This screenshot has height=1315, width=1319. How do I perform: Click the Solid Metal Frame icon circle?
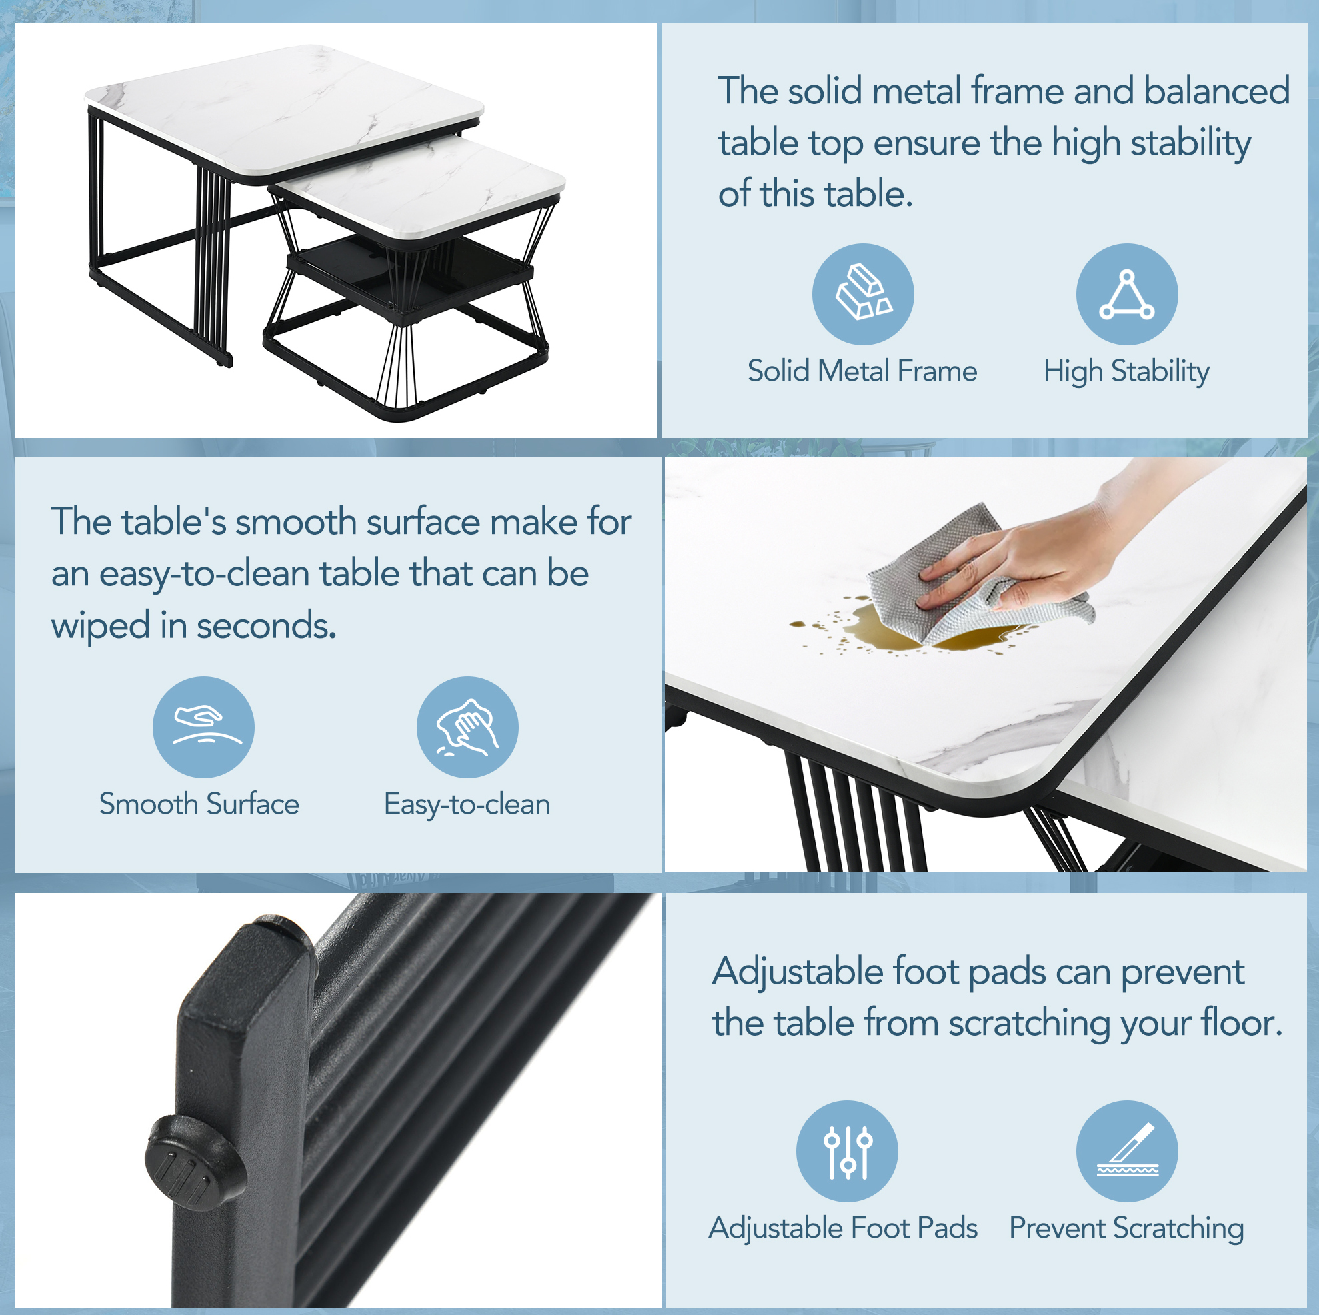[x=863, y=294]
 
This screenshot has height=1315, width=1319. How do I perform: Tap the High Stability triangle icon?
[x=1127, y=294]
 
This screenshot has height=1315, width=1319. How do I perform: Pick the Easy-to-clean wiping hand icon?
[x=467, y=727]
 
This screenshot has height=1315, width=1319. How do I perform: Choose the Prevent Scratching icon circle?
[x=1127, y=1151]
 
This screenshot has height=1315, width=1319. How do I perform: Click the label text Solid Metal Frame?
[x=862, y=371]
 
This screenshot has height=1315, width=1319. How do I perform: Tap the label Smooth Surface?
[x=199, y=804]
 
